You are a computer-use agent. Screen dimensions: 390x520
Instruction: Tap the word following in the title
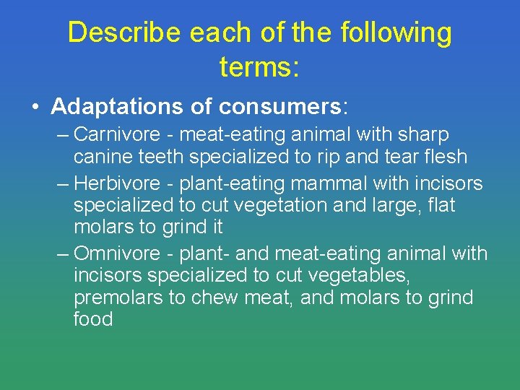[396, 33]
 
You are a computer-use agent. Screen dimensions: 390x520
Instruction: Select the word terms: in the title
[259, 68]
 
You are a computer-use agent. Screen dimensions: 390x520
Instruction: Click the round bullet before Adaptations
[35, 108]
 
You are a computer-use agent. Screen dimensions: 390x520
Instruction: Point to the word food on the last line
[93, 318]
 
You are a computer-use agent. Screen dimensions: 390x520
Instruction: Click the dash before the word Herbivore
[63, 184]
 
